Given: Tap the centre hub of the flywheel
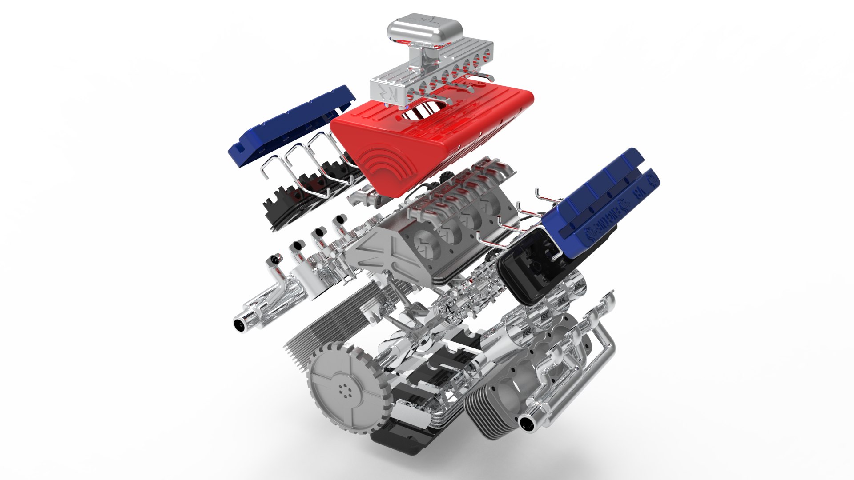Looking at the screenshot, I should pyautogui.click(x=344, y=390).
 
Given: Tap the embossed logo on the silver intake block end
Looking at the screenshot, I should pyautogui.click(x=384, y=92).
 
